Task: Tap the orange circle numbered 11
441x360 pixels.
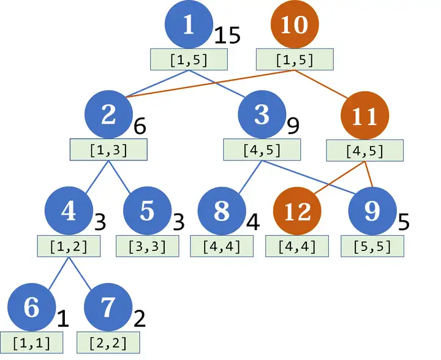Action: click(365, 116)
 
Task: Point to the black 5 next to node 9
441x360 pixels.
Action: click(404, 221)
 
